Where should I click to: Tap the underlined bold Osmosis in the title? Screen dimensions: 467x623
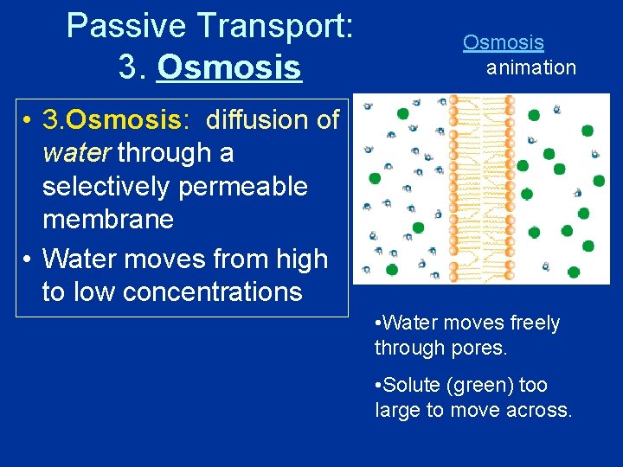228,67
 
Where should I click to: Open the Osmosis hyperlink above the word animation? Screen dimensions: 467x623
503,42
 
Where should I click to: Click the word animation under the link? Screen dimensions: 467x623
530,67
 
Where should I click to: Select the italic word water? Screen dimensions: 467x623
77,153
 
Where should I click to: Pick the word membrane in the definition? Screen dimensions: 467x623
107,220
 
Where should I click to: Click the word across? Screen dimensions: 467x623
539,410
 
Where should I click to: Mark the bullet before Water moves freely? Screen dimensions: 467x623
378,323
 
